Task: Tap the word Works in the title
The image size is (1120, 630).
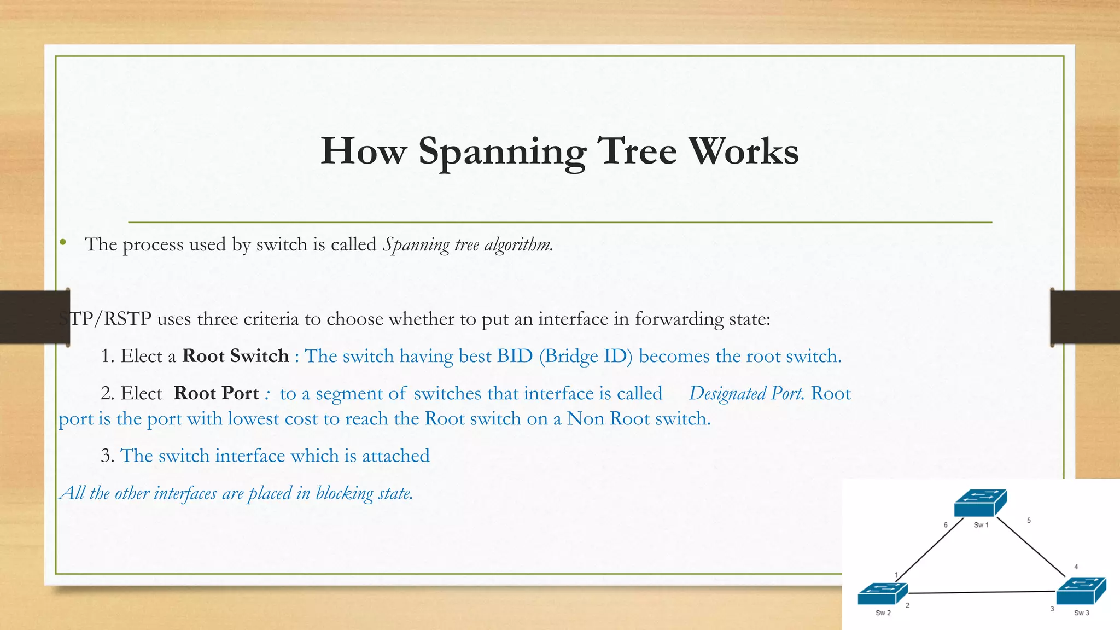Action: click(743, 151)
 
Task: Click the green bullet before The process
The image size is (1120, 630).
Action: click(63, 242)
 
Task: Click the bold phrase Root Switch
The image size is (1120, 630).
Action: click(235, 356)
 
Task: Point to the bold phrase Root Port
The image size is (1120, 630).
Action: click(216, 393)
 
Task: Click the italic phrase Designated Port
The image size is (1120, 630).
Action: click(746, 394)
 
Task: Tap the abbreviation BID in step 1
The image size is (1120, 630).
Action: click(514, 356)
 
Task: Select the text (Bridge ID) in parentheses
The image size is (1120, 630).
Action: click(585, 357)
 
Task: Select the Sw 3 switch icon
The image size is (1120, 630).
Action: click(1081, 591)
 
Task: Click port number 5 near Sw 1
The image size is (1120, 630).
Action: click(1029, 521)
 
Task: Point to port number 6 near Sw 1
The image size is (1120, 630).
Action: click(946, 525)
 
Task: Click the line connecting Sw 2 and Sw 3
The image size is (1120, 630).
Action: click(982, 592)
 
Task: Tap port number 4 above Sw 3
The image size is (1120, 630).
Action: click(1076, 567)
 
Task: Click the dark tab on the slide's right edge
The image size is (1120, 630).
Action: click(1085, 317)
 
